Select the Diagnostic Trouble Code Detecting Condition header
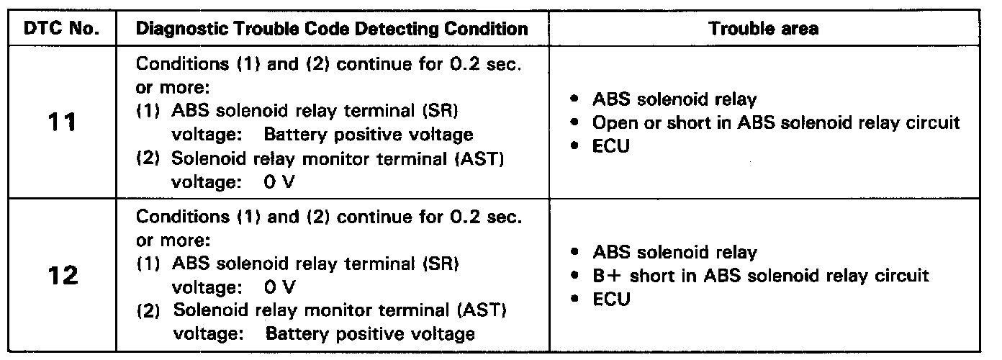[332, 30]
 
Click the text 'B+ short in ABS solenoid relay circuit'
[761, 275]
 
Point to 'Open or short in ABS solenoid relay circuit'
[776, 122]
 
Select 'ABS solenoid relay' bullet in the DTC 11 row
[674, 99]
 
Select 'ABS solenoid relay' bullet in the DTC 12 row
[674, 252]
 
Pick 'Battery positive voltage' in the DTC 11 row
[369, 135]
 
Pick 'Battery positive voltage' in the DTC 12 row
[369, 334]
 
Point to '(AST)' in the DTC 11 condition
[479, 159]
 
